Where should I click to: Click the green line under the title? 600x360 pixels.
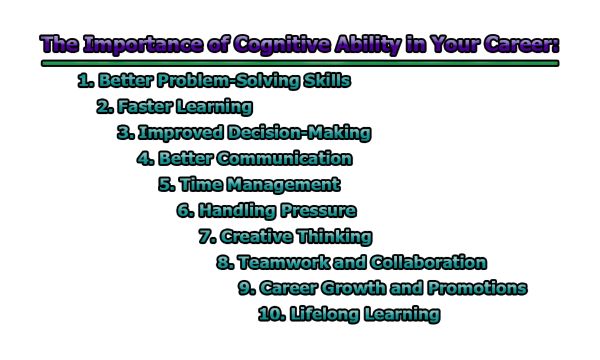(300, 63)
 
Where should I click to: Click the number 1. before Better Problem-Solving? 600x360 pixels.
(86, 81)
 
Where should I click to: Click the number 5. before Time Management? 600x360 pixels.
(167, 184)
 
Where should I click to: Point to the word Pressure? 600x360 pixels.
(318, 211)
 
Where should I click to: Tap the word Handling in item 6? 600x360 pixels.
(237, 211)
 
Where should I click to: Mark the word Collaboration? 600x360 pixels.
(428, 262)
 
